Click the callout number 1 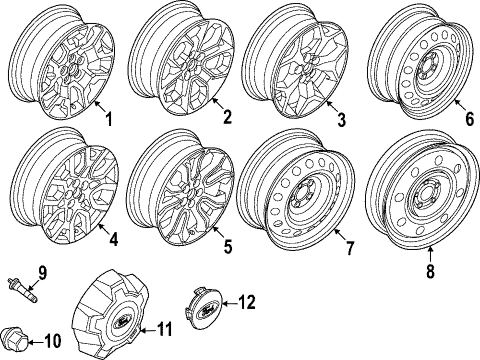tap(109, 119)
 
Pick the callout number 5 tap(227, 246)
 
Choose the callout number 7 tap(349, 248)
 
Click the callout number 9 tap(43, 274)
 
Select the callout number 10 tap(53, 341)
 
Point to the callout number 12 tap(247, 302)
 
